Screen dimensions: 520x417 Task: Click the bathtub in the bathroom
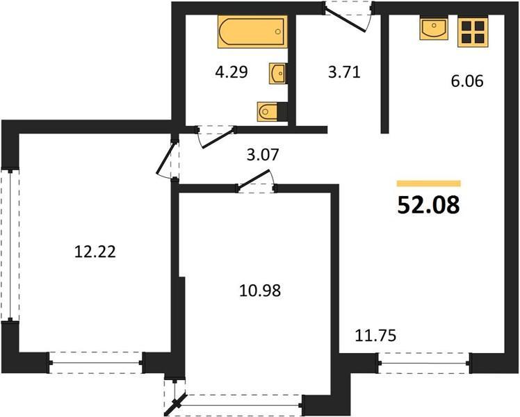[252, 32]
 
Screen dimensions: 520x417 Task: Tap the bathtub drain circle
[278, 31]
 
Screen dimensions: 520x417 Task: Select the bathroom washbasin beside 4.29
[277, 73]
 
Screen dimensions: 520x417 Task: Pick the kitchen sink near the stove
[434, 28]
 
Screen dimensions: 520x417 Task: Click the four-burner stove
[473, 32]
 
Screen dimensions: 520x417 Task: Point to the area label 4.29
[231, 72]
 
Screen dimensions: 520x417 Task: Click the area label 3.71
[344, 72]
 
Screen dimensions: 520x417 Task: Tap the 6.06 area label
[467, 81]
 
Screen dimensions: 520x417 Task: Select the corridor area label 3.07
[263, 154]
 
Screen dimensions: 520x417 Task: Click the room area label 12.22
[95, 252]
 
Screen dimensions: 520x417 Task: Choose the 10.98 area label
[260, 291]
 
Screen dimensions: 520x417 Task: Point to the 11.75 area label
[375, 336]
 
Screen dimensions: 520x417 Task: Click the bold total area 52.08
[428, 205]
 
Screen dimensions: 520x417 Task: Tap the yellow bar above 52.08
[429, 183]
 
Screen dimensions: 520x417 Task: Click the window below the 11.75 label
[424, 363]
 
